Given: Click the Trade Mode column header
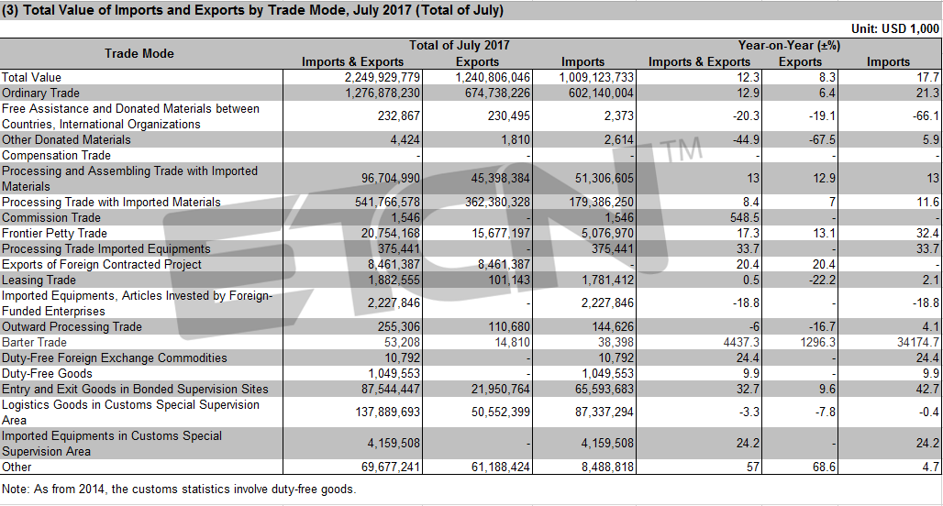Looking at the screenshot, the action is point(139,53).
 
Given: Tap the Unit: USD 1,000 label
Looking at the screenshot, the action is point(895,28).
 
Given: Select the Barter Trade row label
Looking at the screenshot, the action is point(34,343).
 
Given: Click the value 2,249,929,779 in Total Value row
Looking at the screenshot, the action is point(383,78).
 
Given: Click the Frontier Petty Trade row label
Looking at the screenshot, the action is point(54,233).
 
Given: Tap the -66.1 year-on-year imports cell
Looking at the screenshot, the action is point(925,116).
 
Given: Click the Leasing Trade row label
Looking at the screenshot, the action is point(39,280).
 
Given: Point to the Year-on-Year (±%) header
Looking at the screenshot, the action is point(789,46).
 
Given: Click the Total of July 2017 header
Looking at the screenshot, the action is point(459,46).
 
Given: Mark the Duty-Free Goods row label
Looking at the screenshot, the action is point(47,374).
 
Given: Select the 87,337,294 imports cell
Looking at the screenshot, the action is point(600,412).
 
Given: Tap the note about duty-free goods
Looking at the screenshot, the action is point(179,489).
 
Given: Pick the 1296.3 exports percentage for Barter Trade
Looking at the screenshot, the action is point(818,343).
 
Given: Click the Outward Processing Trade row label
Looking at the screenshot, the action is point(72,327).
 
